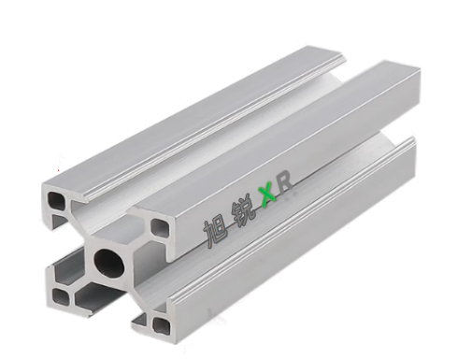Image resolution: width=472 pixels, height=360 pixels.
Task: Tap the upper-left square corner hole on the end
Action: pyautogui.click(x=57, y=200)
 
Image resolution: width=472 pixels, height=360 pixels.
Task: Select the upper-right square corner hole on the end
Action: pyautogui.click(x=161, y=227)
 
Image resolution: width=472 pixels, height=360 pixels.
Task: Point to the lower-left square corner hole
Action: pyautogui.click(x=61, y=296)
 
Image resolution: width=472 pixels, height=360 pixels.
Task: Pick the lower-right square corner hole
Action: pyautogui.click(x=162, y=325)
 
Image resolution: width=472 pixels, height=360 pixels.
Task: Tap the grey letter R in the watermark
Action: pyautogui.click(x=285, y=185)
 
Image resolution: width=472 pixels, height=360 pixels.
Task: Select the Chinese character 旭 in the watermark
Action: pyautogui.click(x=216, y=231)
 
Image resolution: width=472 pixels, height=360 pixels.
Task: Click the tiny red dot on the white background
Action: pyautogui.click(x=58, y=170)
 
